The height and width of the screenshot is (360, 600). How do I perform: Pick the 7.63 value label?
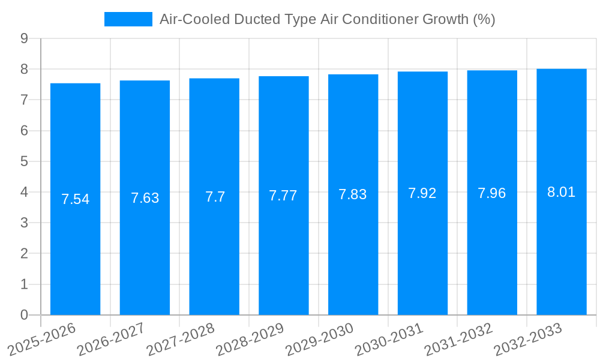(145, 198)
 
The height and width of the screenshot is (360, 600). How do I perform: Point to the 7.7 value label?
(215, 197)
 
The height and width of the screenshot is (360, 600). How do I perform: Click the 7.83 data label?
(353, 194)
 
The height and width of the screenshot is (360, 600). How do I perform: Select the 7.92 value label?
(422, 193)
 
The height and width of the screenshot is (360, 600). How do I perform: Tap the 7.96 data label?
(492, 193)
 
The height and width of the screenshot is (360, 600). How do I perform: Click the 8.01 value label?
(562, 192)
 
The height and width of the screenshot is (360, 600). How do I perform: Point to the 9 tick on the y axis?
(25, 38)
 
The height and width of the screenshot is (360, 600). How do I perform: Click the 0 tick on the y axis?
(25, 315)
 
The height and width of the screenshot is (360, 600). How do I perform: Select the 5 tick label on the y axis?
(25, 161)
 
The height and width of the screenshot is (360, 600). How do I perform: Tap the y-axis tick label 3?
(25, 223)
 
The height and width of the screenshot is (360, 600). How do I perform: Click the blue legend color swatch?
(128, 19)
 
